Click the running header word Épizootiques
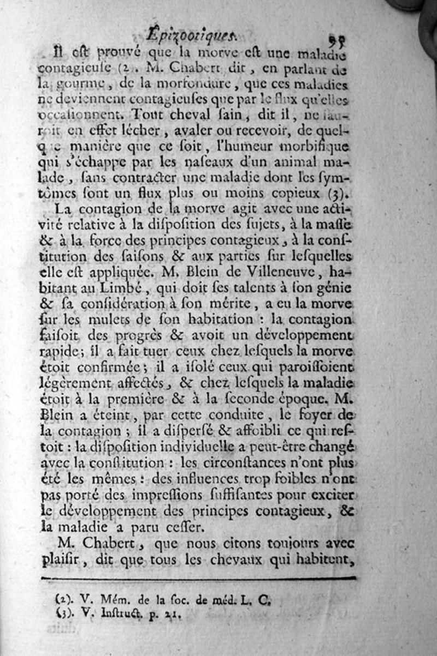192,35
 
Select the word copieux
298,193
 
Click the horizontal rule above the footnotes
199,578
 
